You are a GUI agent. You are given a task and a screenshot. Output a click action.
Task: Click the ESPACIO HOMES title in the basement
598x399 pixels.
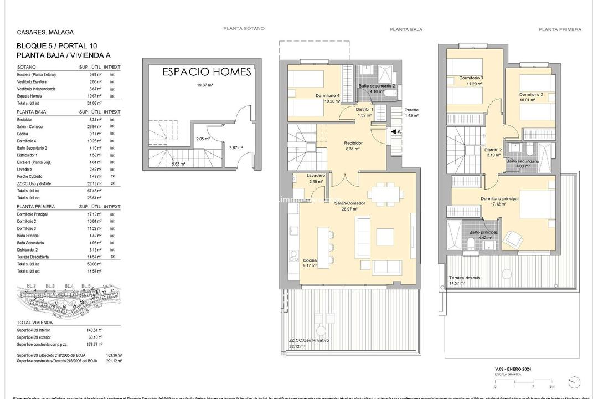coord(207,72)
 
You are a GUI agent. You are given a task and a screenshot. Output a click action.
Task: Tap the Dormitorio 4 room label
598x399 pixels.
coord(327,95)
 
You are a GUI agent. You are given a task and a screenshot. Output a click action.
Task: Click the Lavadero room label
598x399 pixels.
coord(316,176)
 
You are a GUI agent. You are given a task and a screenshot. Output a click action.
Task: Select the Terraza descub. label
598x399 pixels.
coord(465,278)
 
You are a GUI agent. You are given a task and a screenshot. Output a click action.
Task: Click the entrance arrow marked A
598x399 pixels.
coord(396,132)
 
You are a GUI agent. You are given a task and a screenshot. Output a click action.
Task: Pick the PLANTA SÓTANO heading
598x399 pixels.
coord(244,28)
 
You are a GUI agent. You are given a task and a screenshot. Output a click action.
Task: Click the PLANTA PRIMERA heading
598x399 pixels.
coord(560,29)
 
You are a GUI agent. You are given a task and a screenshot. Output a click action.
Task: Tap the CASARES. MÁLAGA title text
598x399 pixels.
coord(45,33)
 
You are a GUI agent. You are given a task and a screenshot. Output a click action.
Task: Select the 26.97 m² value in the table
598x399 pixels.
coord(97,126)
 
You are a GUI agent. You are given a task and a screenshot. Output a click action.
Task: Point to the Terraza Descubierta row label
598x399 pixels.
coord(33,257)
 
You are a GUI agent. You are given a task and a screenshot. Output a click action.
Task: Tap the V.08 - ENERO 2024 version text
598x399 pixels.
coord(513,369)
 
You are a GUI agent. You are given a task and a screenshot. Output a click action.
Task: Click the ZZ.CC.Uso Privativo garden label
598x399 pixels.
coord(308,340)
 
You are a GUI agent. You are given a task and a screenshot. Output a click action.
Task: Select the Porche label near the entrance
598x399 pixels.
coord(411,110)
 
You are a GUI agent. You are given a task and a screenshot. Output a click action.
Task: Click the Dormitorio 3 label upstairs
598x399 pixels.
coord(471,78)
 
